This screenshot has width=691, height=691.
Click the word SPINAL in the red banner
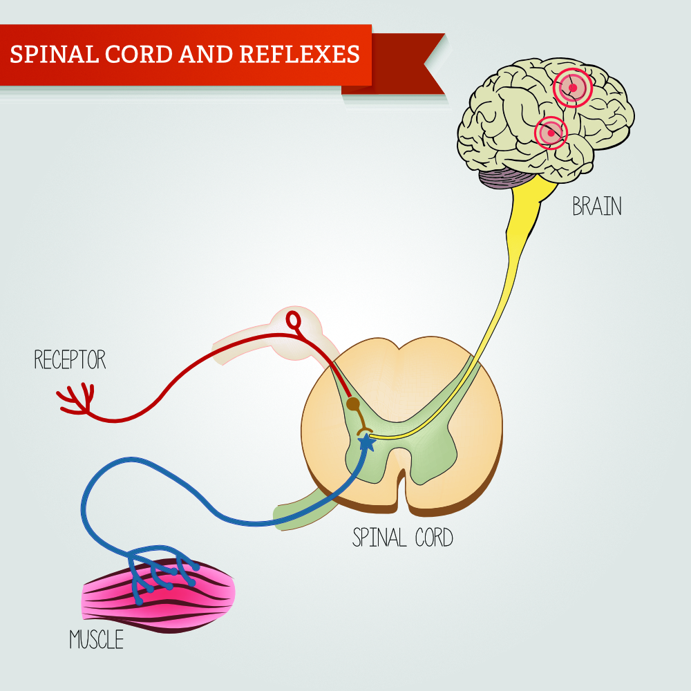[54, 54]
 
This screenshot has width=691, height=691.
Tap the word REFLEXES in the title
[300, 54]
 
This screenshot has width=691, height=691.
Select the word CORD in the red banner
[139, 54]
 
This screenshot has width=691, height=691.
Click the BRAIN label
[597, 206]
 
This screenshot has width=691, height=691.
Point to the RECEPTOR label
[70, 359]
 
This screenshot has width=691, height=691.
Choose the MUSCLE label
[97, 639]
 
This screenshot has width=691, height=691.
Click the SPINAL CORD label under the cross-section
[403, 537]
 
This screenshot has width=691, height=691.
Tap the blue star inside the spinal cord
[367, 442]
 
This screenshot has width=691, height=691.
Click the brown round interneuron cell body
[353, 404]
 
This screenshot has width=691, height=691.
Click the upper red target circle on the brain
[572, 88]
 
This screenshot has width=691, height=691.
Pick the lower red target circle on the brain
[551, 133]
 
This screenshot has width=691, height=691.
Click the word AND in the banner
[206, 54]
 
